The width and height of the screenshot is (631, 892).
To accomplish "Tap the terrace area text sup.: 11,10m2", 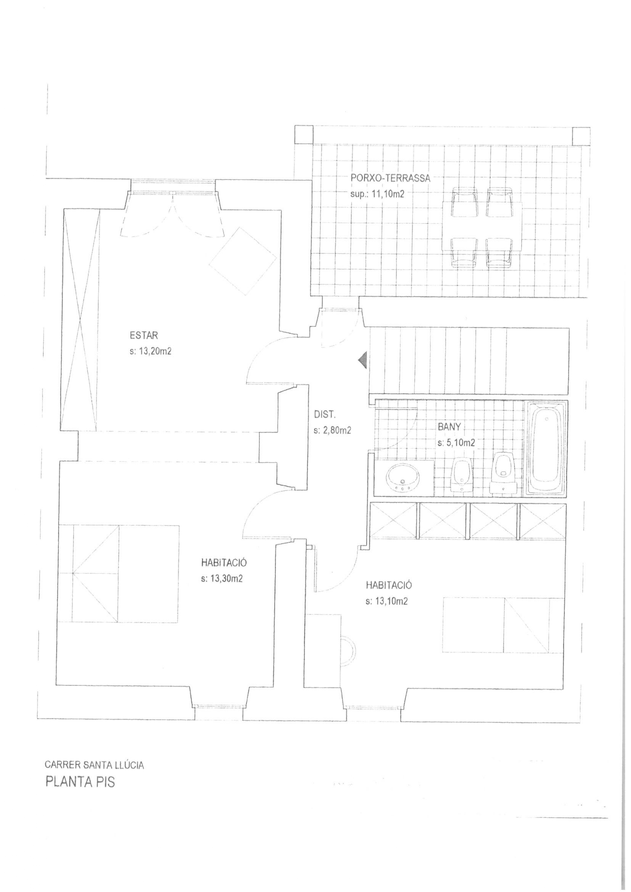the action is tap(377, 194).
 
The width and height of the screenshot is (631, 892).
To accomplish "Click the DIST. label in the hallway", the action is tap(324, 415).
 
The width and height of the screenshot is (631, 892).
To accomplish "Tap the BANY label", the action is tap(449, 427).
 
